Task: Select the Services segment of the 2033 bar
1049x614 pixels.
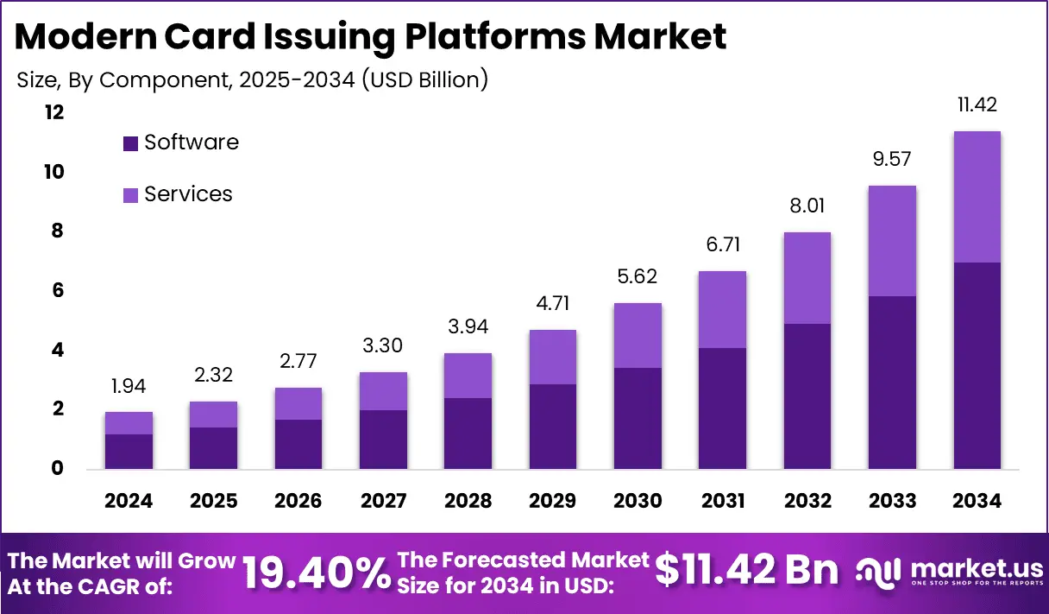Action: pos(892,241)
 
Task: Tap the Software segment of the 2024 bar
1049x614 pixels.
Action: pos(129,452)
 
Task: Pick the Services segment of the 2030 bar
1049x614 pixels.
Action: pos(638,335)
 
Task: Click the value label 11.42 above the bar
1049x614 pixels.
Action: pos(977,105)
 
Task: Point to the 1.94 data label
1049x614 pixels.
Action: pos(129,387)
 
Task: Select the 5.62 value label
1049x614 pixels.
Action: pos(638,277)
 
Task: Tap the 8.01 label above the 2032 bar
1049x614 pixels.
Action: pos(807,206)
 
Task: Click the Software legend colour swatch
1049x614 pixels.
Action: pos(130,143)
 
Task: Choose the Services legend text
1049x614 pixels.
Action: pos(188,194)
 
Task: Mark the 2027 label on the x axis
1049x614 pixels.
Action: pos(383,502)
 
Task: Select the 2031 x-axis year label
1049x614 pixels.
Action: pos(723,502)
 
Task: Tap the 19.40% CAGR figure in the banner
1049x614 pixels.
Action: pos(316,572)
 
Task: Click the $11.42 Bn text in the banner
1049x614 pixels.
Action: pos(746,571)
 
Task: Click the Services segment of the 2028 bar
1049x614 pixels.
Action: pos(468,376)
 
